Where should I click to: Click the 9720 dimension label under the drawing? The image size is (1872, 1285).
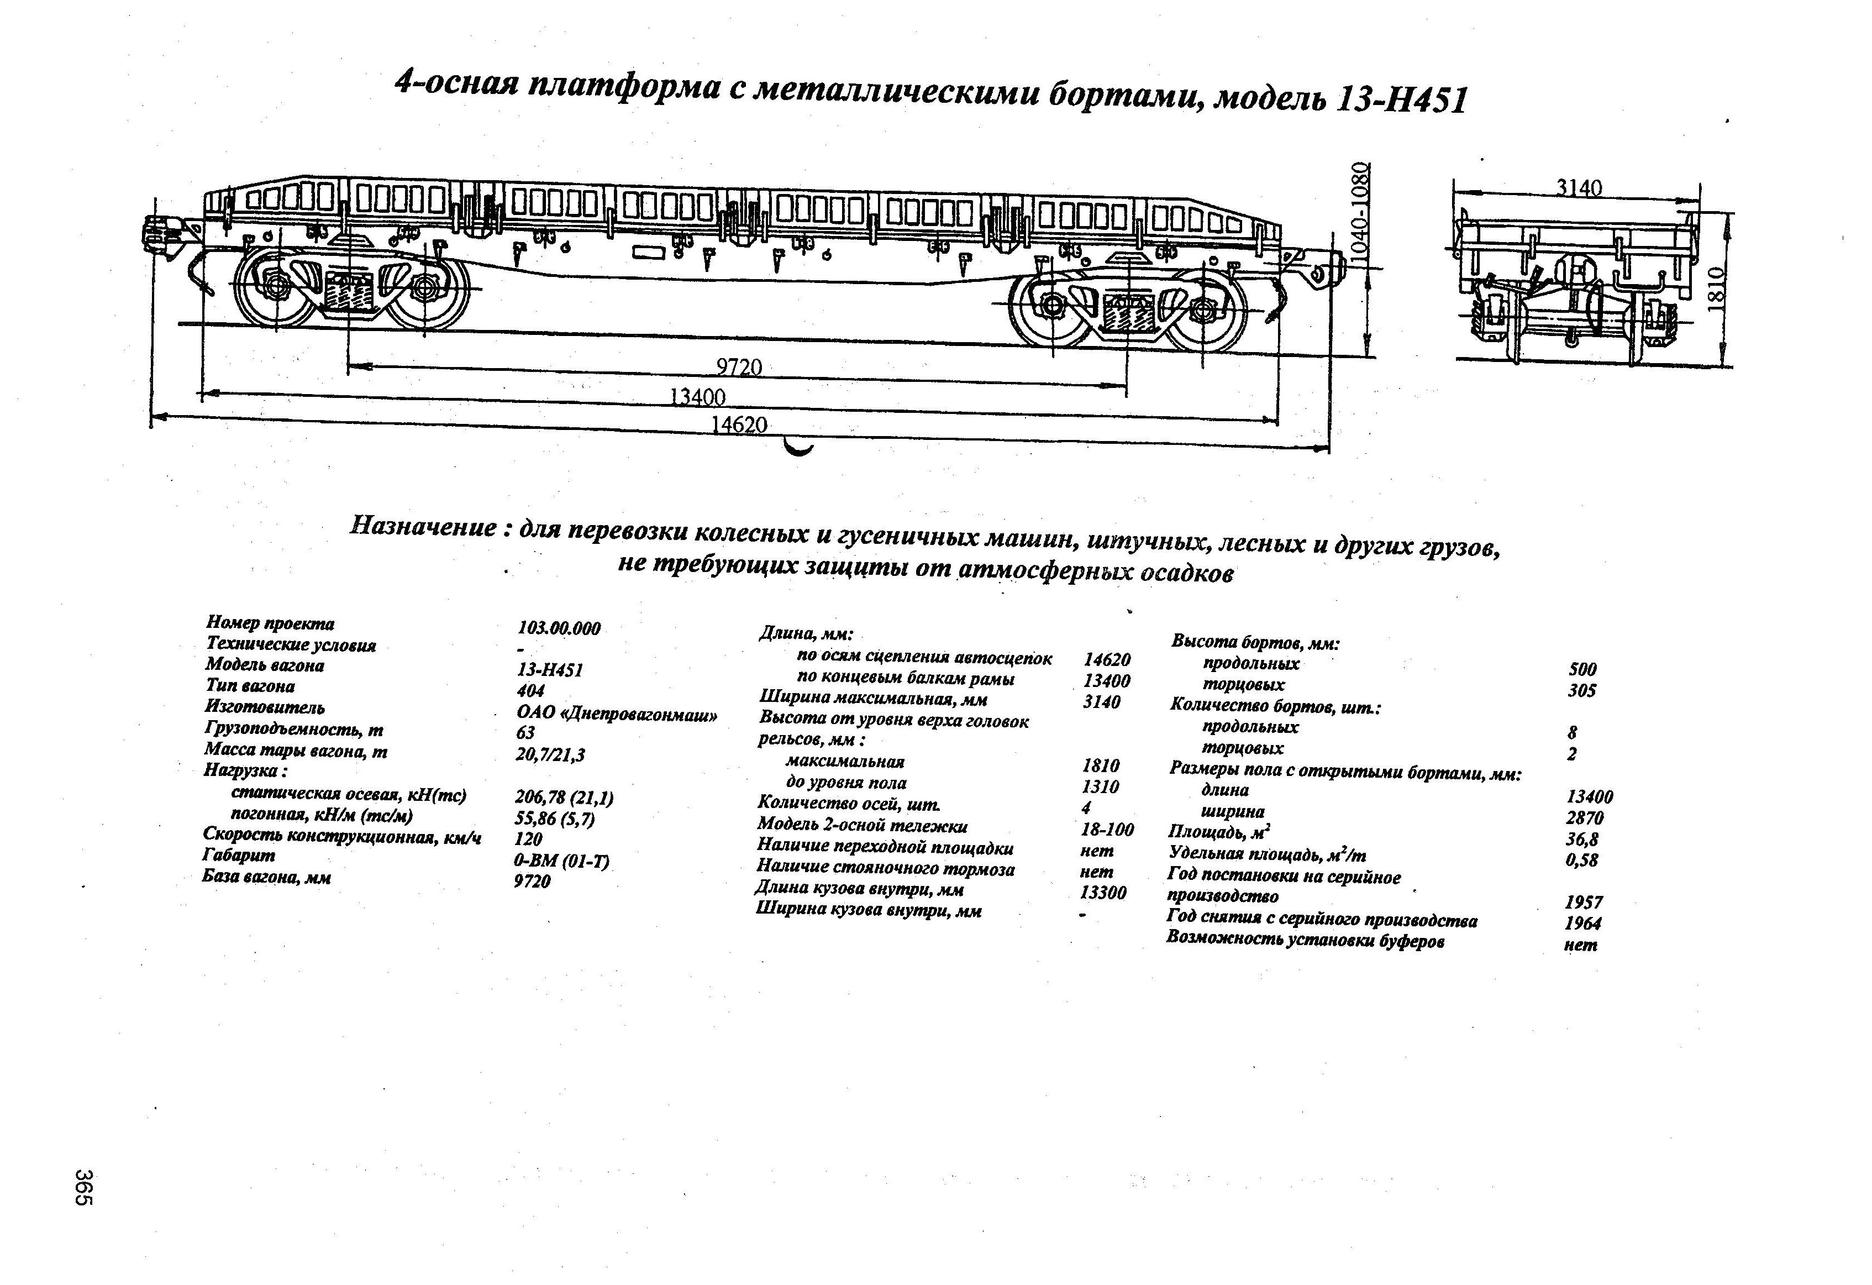739,368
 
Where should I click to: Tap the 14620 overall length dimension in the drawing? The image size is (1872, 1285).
739,424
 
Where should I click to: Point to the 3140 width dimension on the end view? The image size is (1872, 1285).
1579,188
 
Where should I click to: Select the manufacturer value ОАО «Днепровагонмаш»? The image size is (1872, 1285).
616,714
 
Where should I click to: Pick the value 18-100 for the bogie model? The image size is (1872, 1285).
1107,829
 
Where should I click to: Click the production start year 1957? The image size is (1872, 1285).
1583,903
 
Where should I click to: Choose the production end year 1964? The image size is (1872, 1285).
1583,924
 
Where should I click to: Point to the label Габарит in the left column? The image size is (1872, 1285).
239,855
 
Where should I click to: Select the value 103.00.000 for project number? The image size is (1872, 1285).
559,628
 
